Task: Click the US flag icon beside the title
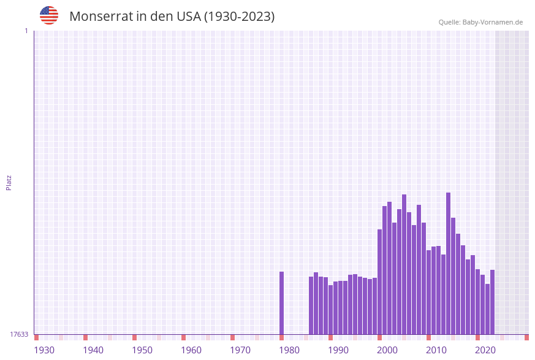[x=49, y=15]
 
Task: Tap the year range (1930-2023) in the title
[x=239, y=17]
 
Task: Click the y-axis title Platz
[x=9, y=182]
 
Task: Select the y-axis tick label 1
[x=26, y=31]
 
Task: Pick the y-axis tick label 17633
[x=19, y=334]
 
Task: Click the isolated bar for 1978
[x=282, y=303]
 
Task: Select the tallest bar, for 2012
[x=449, y=264]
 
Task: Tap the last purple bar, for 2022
[x=492, y=302]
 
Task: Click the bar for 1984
[x=311, y=305]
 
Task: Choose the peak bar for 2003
[x=404, y=264]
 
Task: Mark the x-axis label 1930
[x=44, y=350]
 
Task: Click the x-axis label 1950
[x=142, y=350]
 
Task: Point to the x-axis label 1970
[x=240, y=350]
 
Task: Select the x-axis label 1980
[x=289, y=350]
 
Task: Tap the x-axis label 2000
[x=387, y=350]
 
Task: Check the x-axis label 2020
[x=485, y=350]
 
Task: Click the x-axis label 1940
[x=93, y=350]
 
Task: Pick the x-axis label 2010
[x=436, y=350]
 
